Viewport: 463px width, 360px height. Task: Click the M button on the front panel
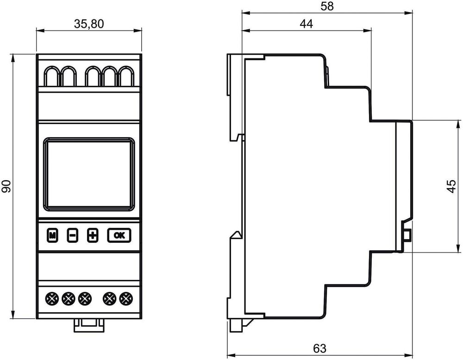(x=52, y=235)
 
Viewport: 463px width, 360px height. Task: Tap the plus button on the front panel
(x=93, y=235)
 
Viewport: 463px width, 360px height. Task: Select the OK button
(x=119, y=235)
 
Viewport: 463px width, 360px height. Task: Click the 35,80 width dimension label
(x=89, y=24)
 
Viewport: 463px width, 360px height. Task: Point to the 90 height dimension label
(x=6, y=186)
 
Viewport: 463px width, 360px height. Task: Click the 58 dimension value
(x=327, y=6)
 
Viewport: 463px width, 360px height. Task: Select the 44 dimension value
(x=306, y=24)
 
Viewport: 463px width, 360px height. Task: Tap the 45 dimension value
(x=452, y=186)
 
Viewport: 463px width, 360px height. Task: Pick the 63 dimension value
(x=320, y=348)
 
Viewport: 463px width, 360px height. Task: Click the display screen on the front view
(x=89, y=174)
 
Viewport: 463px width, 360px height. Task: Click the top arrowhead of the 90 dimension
(x=13, y=58)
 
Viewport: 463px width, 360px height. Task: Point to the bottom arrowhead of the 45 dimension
(x=458, y=248)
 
